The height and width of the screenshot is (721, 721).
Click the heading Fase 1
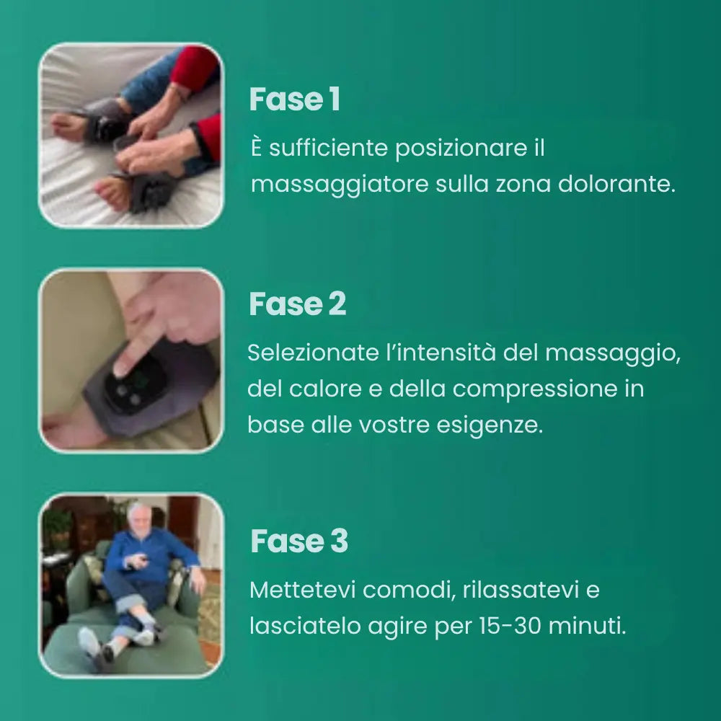coord(294,100)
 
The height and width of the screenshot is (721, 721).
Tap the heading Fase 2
coord(297,304)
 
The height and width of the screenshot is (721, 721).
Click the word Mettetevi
coord(302,590)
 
